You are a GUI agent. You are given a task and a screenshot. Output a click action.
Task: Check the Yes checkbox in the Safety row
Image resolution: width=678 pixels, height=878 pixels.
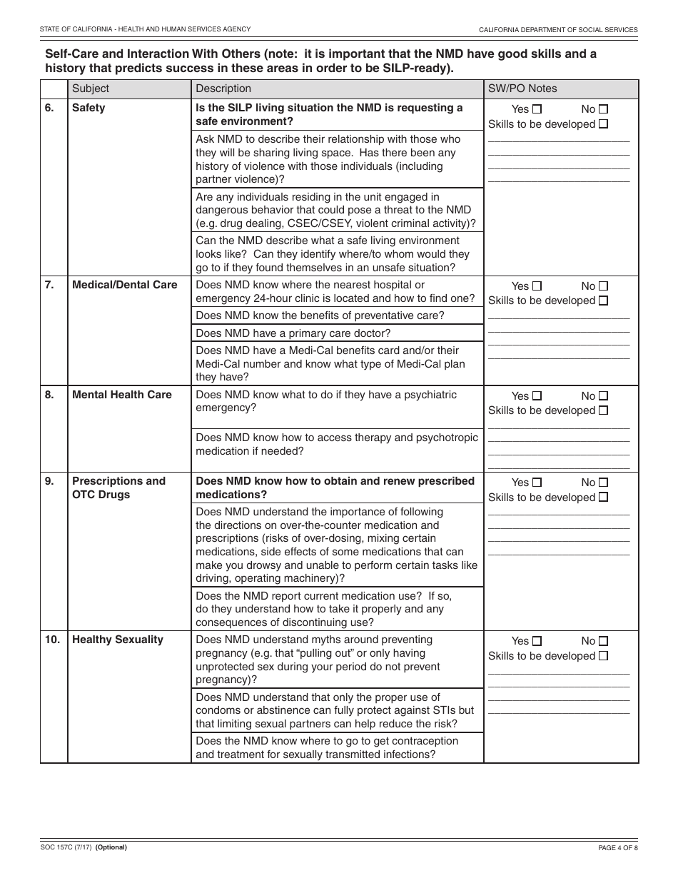click(537, 109)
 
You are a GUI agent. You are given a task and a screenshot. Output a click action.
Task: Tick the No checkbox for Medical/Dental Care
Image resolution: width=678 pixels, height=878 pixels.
click(603, 286)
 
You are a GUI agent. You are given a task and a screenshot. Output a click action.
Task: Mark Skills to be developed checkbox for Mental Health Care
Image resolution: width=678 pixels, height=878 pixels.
click(603, 410)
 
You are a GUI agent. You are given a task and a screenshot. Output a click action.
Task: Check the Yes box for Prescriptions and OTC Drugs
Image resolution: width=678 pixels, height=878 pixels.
click(537, 483)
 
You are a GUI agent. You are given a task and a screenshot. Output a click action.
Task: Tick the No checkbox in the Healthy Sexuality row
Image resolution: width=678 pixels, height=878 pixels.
click(603, 641)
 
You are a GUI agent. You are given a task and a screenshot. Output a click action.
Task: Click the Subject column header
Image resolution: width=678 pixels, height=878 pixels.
click(91, 89)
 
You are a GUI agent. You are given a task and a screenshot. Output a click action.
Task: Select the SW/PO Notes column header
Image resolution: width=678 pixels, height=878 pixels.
click(522, 89)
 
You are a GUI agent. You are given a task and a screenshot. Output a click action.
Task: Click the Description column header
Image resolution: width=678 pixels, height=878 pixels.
click(223, 89)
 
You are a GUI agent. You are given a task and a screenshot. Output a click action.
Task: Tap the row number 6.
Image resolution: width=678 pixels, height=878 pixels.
click(49, 108)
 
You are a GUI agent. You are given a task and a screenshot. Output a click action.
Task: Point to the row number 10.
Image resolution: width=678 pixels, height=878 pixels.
click(52, 640)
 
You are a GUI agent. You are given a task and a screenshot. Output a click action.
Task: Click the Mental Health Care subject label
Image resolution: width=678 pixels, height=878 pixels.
click(122, 395)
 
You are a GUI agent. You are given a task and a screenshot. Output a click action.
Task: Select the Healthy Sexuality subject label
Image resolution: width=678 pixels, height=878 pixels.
click(118, 640)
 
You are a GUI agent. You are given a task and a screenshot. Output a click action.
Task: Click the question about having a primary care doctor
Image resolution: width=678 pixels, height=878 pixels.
click(293, 333)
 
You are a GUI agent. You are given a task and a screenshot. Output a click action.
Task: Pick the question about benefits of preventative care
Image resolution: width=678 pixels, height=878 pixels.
click(320, 316)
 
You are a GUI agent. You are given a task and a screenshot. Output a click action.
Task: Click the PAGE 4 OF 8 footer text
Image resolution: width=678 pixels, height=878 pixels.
click(617, 848)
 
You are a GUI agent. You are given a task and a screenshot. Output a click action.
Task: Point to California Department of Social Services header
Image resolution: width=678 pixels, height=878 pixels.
click(558, 29)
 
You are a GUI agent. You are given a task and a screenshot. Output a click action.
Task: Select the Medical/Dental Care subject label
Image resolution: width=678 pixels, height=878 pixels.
click(125, 285)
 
